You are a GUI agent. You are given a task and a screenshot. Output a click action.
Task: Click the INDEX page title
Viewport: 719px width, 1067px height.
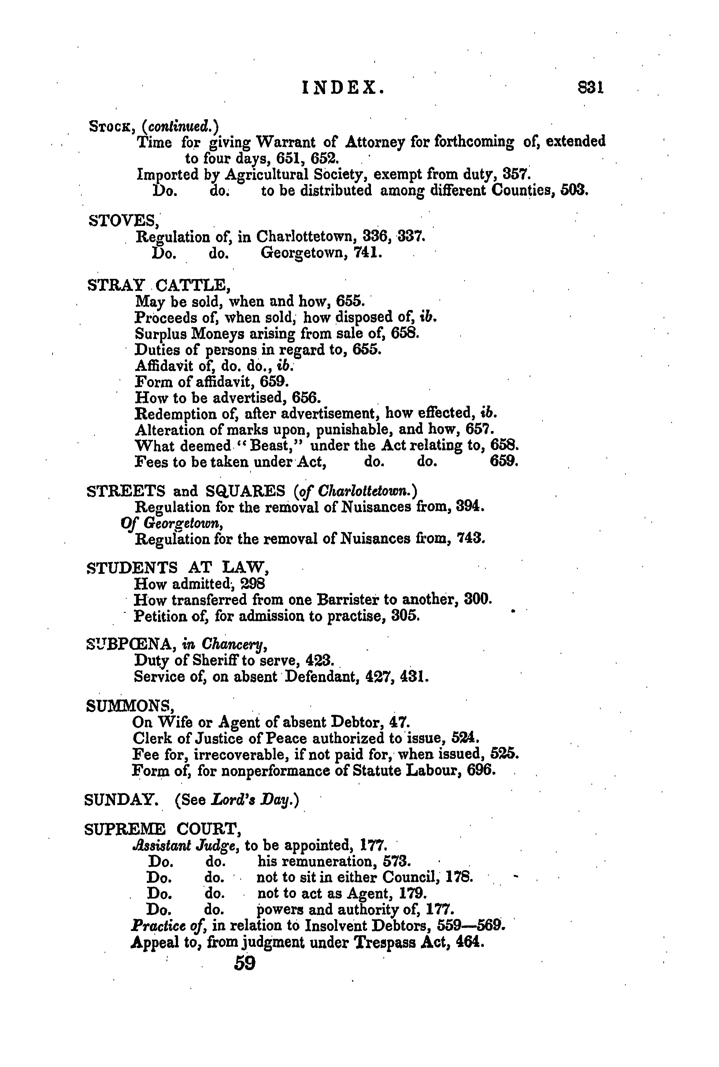pyautogui.click(x=343, y=87)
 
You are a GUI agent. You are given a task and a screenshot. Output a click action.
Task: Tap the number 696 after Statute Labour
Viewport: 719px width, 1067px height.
pyautogui.click(x=481, y=770)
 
